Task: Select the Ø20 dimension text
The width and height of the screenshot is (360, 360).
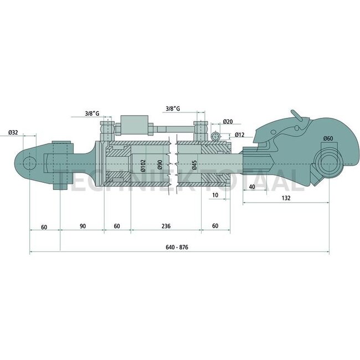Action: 228,121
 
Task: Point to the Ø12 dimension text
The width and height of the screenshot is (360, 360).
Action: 240,135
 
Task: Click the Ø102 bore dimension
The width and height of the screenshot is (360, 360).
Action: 142,165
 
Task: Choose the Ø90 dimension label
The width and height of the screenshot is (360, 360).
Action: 160,165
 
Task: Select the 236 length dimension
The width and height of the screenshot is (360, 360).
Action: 165,227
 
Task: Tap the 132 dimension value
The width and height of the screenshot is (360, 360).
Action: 286,198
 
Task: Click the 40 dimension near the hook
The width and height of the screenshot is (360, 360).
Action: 252,186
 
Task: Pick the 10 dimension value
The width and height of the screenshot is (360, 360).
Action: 214,196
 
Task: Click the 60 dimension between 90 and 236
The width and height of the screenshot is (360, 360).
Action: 117,227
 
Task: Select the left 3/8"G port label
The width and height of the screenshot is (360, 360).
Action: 92,114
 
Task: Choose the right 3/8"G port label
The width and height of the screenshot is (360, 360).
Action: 174,109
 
